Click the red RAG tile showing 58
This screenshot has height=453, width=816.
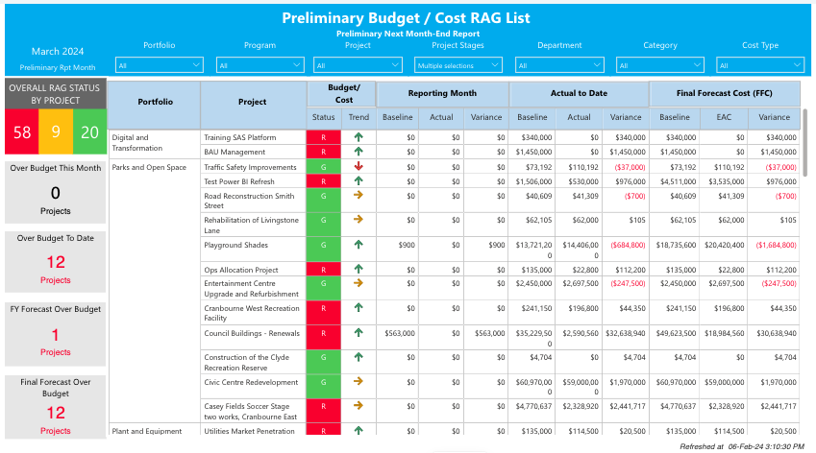tap(22, 132)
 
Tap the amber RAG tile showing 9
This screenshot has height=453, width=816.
tap(56, 132)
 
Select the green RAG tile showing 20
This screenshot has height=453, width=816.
tap(88, 132)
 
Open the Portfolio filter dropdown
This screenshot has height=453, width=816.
tap(159, 65)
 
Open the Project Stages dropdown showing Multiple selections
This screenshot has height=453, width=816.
tap(458, 65)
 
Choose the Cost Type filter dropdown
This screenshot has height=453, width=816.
tap(759, 65)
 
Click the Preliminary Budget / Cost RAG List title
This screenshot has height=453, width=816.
tap(406, 18)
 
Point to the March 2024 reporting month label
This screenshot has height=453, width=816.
tap(58, 51)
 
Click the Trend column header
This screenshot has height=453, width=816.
tap(359, 117)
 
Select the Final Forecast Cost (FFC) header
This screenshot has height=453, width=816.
tap(725, 93)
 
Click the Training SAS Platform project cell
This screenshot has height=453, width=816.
tap(240, 137)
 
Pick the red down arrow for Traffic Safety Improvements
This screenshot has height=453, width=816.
tap(359, 166)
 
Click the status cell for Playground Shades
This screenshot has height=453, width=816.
tap(323, 245)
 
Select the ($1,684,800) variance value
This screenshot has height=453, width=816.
tap(775, 245)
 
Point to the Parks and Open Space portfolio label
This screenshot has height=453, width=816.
tap(149, 167)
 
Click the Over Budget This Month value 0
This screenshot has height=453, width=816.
tap(55, 193)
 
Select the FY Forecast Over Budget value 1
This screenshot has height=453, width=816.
tap(55, 335)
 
